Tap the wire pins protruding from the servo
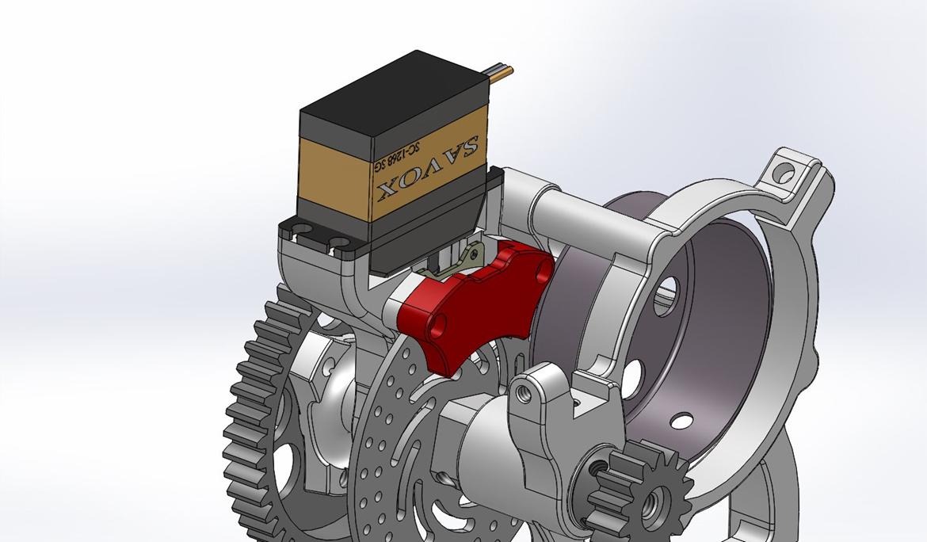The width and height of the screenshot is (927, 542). click(x=500, y=71)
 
